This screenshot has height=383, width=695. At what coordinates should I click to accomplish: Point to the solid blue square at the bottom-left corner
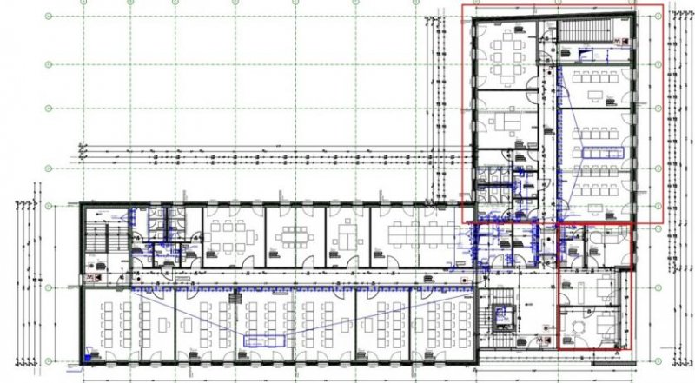click(89, 356)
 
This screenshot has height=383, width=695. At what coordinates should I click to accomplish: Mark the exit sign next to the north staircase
click(622, 41)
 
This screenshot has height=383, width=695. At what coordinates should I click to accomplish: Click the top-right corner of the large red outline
click(663, 5)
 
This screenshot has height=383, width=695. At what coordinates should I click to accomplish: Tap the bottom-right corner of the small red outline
click(629, 349)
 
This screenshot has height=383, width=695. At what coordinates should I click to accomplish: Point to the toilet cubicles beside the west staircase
click(161, 224)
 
